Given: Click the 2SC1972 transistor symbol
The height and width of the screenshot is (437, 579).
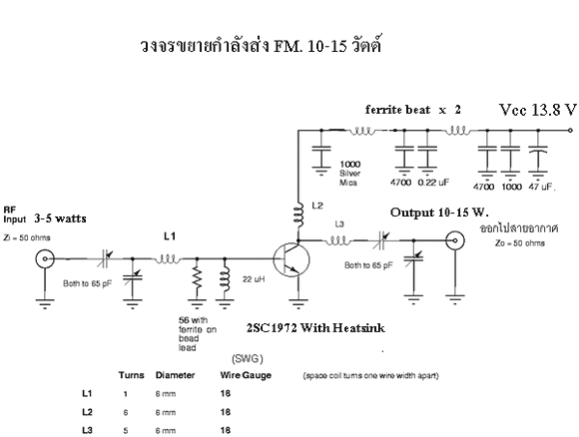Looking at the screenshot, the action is [x=291, y=259].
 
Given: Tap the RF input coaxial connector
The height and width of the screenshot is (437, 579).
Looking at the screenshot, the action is [x=45, y=258].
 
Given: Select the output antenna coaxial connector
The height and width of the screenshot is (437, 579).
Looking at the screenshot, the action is [x=455, y=241].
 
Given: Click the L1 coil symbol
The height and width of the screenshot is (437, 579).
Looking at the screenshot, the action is [x=168, y=259].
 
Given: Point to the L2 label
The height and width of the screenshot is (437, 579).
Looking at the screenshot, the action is [x=317, y=206].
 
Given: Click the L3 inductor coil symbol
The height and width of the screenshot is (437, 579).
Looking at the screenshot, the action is [x=337, y=241].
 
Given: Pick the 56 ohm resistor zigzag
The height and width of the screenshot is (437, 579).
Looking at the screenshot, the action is [x=197, y=277].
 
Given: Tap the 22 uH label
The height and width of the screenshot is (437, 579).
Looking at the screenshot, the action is [x=254, y=279].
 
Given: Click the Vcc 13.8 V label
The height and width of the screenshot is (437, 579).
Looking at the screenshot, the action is [x=538, y=110].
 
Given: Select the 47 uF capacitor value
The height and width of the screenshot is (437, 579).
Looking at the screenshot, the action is [x=541, y=187].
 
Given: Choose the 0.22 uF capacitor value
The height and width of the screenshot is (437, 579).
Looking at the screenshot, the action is [x=433, y=183].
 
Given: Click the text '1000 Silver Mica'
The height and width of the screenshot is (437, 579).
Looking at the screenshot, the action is [x=350, y=173].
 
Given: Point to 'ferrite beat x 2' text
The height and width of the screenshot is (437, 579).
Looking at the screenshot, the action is [x=413, y=110].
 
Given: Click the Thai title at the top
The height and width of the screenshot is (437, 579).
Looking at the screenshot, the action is [x=261, y=46].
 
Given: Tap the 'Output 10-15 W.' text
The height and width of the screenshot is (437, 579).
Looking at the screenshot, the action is [x=439, y=213].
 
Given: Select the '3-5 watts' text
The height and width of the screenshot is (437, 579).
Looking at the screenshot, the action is [x=60, y=218].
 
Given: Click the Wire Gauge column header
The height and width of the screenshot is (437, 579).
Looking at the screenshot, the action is [x=246, y=375].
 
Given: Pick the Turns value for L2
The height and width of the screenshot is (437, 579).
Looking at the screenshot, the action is [x=126, y=412].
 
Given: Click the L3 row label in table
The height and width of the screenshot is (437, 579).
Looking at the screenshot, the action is [x=87, y=430].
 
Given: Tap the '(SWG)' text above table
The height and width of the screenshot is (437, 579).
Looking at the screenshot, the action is [x=248, y=359].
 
